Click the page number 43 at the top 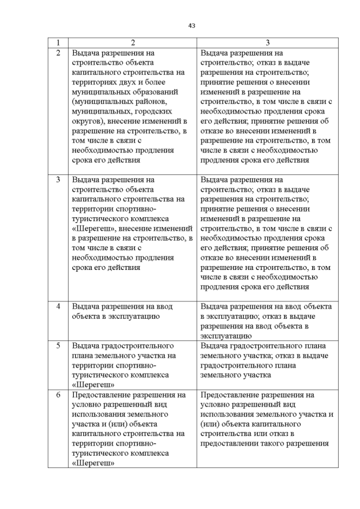point(191,25)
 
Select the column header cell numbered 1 point(58,43)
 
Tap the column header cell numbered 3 point(268,43)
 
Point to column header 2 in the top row point(133,43)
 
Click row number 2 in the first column point(58,53)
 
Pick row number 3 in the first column point(58,180)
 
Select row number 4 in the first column point(58,307)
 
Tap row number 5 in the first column point(58,345)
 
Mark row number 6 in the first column point(58,395)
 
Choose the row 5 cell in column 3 point(268,360)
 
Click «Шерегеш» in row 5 point(93,385)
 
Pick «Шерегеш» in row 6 point(93,463)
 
